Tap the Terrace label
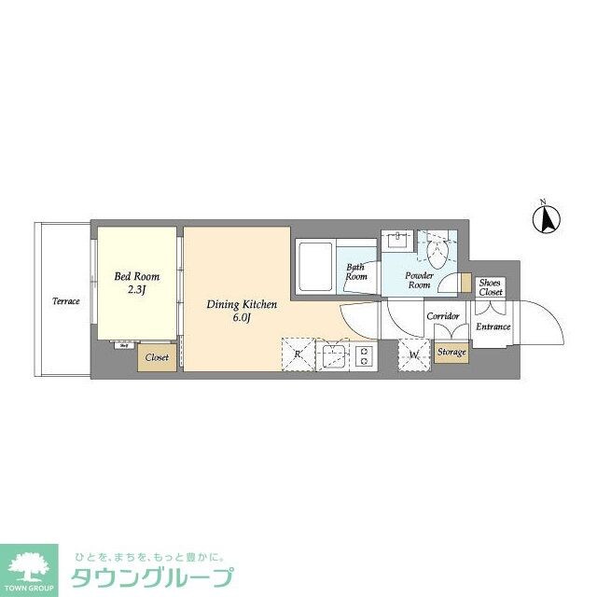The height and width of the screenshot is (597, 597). tap(65, 301)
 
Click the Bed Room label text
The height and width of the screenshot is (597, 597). tap(136, 276)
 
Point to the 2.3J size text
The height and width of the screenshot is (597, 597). tap(137, 291)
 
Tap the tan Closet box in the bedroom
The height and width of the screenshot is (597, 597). tap(157, 356)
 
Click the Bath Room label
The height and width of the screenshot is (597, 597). tap(356, 271)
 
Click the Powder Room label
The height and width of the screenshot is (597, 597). tap(418, 280)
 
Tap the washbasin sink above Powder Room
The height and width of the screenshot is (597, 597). tap(397, 240)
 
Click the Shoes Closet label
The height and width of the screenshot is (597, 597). tap(491, 287)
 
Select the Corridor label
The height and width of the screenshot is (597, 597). tap(442, 317)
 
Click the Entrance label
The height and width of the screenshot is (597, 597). tap(493, 326)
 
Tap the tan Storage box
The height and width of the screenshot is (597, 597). tap(452, 353)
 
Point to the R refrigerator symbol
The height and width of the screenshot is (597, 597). tap(298, 354)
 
